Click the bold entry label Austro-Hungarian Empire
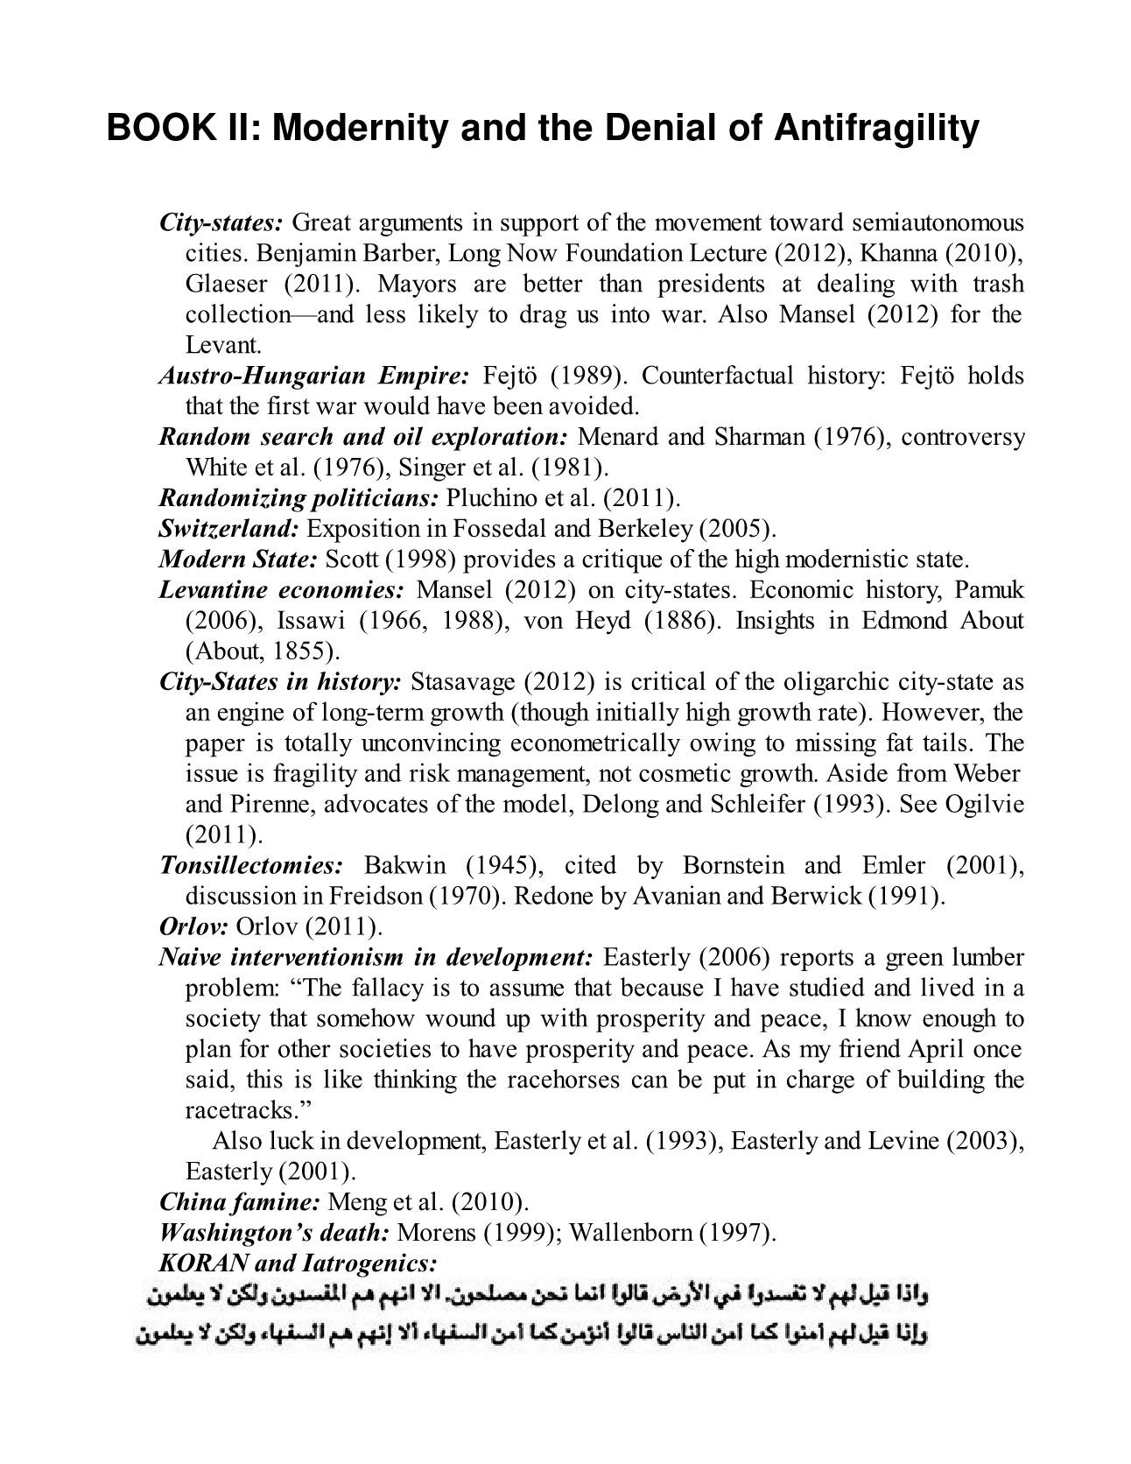pos(314,376)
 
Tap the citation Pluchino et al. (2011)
pos(563,498)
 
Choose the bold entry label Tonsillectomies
pos(251,866)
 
